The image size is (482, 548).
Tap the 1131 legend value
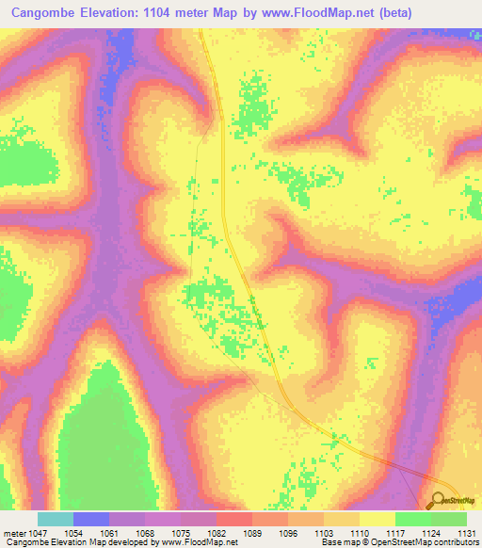click(x=466, y=534)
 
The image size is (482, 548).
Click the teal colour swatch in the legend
click(x=55, y=520)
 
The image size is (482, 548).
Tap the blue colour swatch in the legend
click(x=90, y=520)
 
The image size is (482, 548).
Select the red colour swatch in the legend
click(x=233, y=520)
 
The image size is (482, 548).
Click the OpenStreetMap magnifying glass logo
click(x=439, y=501)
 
